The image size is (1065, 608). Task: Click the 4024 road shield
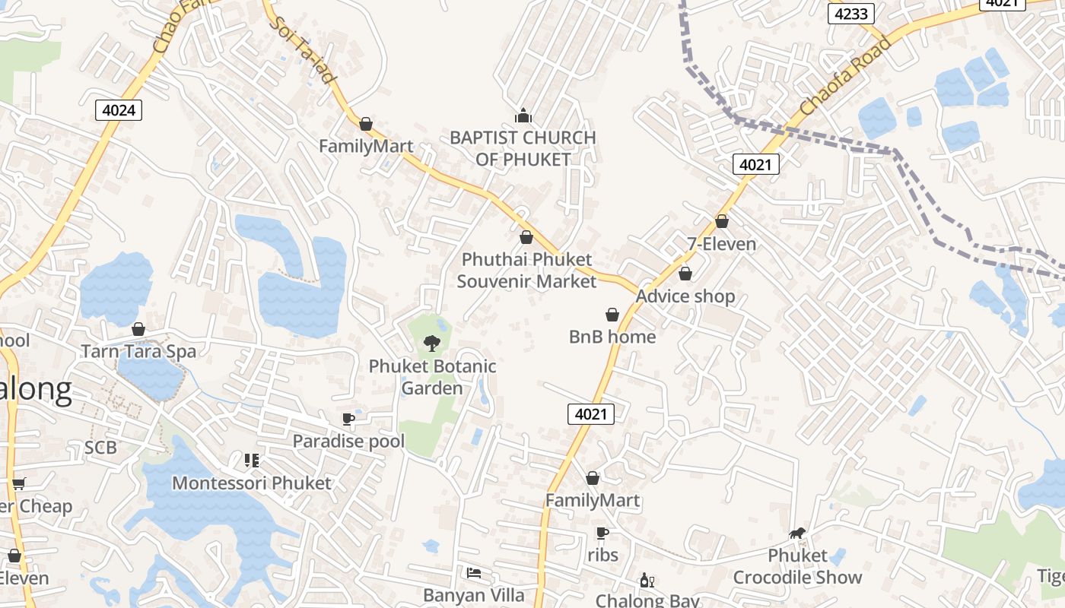click(119, 110)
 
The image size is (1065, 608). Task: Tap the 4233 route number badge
click(851, 13)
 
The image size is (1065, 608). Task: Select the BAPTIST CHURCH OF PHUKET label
click(523, 148)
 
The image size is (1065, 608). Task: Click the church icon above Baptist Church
click(523, 116)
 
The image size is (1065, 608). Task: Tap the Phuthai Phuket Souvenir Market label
click(526, 271)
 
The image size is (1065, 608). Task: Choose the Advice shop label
click(685, 296)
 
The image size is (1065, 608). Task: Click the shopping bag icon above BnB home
click(612, 315)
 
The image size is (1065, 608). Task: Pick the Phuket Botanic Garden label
click(432, 377)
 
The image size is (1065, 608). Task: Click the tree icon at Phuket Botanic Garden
click(432, 344)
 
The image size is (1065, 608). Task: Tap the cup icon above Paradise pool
click(348, 419)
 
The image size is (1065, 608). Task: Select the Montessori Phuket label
click(252, 483)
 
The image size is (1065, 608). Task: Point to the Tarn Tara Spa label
click(138, 352)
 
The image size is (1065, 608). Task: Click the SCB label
click(100, 448)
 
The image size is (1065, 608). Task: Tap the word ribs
click(602, 556)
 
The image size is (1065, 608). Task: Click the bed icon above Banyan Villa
click(474, 572)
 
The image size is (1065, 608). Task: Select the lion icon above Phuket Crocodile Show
click(797, 533)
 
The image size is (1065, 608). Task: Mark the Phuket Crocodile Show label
click(797, 567)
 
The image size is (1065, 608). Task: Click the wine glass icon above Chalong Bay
click(647, 581)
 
